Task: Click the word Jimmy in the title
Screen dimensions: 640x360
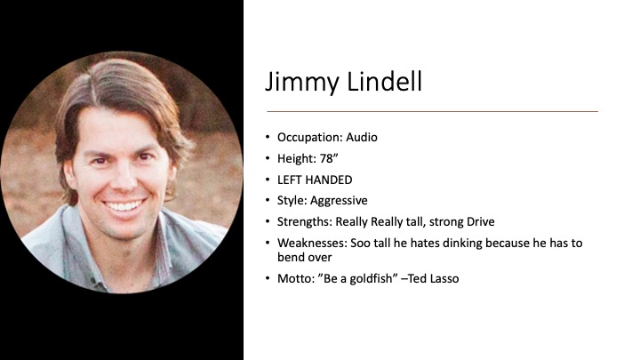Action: [x=302, y=82]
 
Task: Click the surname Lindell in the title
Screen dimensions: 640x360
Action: [x=385, y=81]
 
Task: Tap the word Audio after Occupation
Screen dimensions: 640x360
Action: [x=362, y=137]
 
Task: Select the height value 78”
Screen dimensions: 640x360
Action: [x=329, y=158]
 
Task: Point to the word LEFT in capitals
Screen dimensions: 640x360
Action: [x=289, y=180]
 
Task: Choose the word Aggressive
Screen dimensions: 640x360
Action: [x=339, y=200]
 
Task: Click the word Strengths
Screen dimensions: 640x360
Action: [x=305, y=221]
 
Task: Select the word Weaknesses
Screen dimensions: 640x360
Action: [x=312, y=243]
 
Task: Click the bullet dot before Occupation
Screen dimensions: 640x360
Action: [x=268, y=137]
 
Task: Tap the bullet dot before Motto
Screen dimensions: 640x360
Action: [x=268, y=278]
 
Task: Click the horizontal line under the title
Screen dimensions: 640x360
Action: [x=433, y=111]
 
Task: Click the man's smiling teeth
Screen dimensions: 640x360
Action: [x=124, y=204]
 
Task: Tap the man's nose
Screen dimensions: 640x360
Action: [x=124, y=180]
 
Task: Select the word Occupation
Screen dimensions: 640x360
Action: [x=310, y=137]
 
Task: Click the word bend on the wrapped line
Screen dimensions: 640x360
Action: [x=290, y=257]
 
